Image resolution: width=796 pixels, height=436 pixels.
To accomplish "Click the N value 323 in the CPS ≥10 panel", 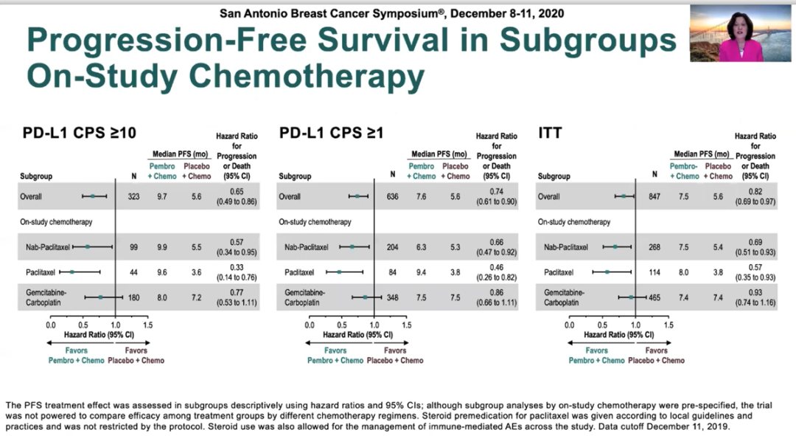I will (134, 197).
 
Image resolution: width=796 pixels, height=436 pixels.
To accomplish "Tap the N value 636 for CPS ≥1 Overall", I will (392, 197).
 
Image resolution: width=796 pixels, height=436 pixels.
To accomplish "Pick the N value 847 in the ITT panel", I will (654, 197).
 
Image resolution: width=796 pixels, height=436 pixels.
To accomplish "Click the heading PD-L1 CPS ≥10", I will (79, 134).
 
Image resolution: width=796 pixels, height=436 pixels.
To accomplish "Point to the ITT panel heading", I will (550, 134).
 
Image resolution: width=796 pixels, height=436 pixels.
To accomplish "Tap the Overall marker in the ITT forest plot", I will (623, 197).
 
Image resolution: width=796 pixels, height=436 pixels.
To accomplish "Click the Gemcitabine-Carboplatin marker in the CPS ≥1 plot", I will (365, 298).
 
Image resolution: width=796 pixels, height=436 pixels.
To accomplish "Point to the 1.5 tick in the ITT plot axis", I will (668, 325).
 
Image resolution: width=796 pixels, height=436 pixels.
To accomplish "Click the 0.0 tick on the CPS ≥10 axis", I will (51, 325).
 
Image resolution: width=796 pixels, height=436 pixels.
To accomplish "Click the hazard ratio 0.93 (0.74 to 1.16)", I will (755, 298).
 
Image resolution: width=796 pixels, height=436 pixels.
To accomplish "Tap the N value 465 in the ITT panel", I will (654, 298).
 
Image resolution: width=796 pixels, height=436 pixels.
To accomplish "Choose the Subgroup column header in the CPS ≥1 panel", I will (295, 176).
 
